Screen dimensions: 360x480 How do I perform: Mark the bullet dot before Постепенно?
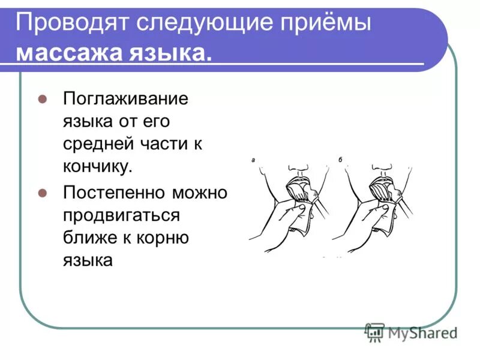42,193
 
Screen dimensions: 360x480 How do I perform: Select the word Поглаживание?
125,98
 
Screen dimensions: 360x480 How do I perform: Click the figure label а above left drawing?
254,160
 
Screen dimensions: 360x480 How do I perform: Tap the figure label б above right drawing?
340,160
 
